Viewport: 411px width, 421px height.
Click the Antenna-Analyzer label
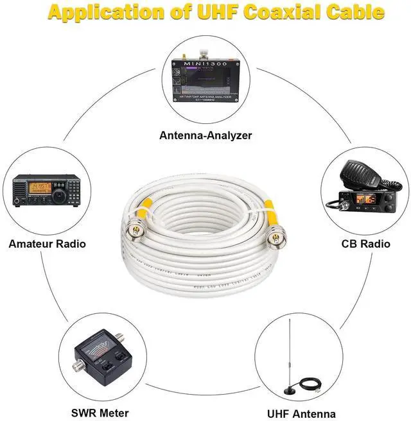[x=205, y=135]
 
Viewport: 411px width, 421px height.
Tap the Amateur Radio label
[x=47, y=244]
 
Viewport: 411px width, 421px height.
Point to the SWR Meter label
[x=100, y=413]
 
